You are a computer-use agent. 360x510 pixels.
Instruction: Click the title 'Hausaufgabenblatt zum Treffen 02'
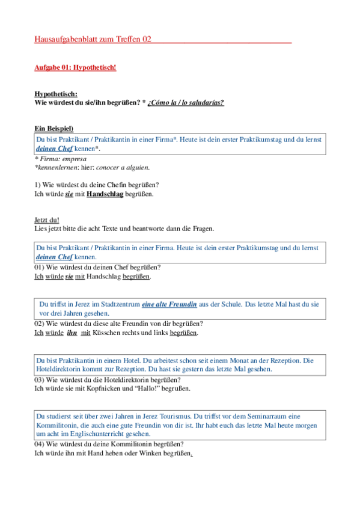point(93,40)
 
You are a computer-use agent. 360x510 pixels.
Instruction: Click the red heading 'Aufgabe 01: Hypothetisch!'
point(75,67)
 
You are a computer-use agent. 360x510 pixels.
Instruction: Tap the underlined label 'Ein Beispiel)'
point(54,129)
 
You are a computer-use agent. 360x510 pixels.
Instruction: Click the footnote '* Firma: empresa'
point(61,159)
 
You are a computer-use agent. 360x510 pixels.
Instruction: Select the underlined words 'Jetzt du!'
point(47,220)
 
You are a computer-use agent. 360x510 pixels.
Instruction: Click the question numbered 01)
point(97,267)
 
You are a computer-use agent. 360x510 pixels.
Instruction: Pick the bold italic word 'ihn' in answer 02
point(72,333)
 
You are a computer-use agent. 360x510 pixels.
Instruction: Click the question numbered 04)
point(100,444)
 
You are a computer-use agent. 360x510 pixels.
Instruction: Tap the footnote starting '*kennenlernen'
point(92,167)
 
